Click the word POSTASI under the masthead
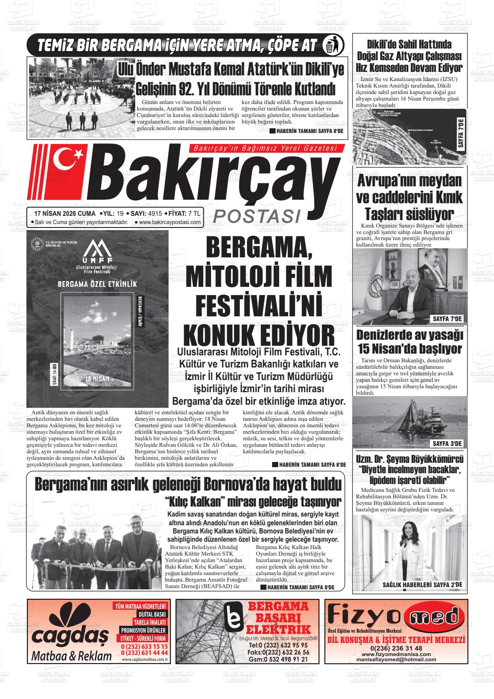coord(258,215)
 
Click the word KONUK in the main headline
coord(219,335)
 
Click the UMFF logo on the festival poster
coord(97,256)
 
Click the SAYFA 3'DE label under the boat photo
coord(448,443)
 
